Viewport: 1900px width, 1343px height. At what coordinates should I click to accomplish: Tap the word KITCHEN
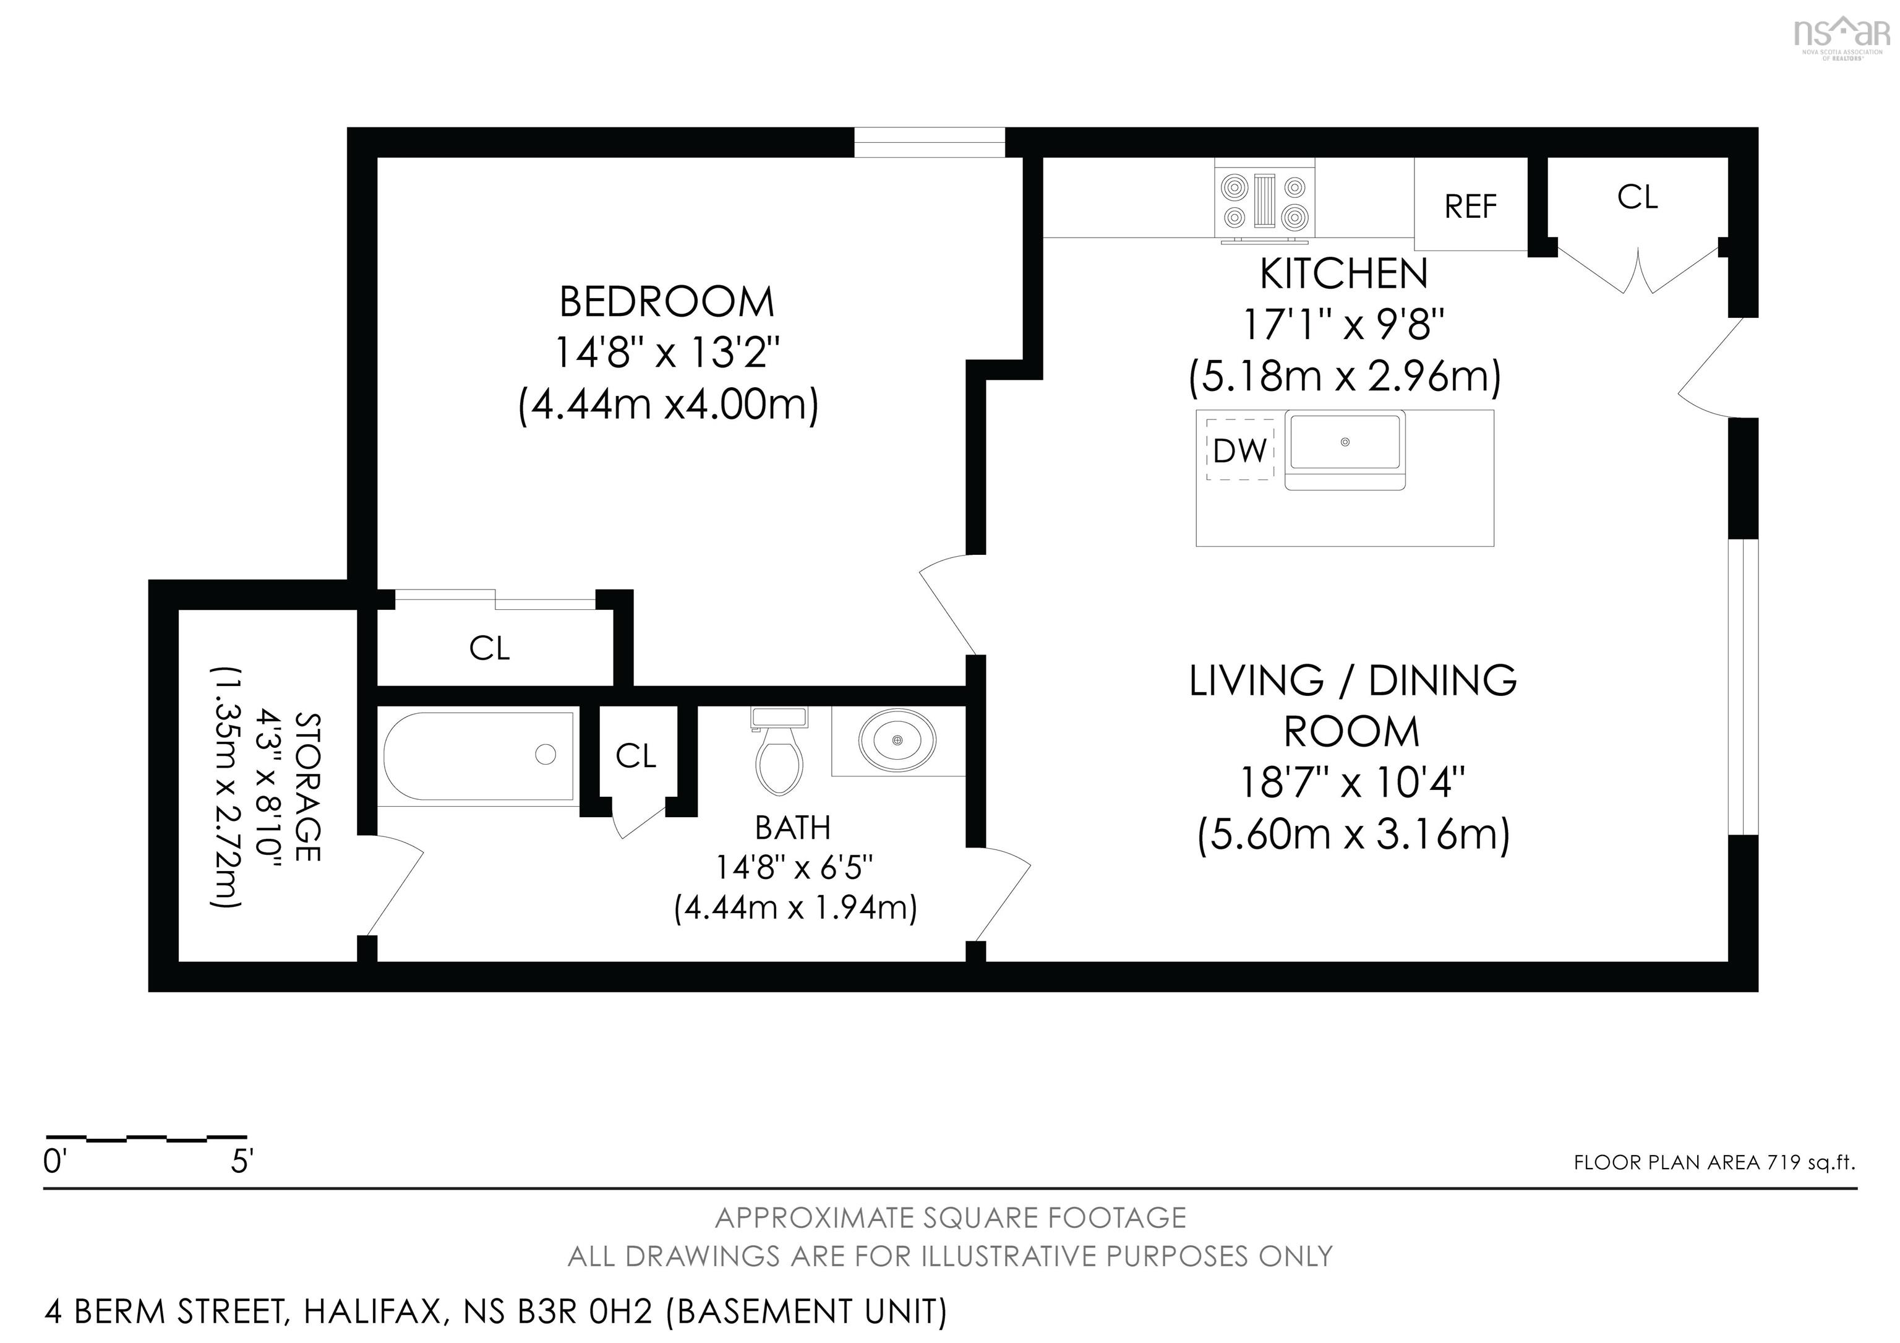coord(1344,275)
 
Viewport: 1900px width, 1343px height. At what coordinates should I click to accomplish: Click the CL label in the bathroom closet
coord(636,755)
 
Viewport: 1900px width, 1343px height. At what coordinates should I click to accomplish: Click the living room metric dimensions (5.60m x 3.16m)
coord(1354,834)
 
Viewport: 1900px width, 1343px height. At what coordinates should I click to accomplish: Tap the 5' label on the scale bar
coord(241,1162)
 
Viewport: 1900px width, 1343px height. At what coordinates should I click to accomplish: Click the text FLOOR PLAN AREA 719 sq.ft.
coord(1714,1162)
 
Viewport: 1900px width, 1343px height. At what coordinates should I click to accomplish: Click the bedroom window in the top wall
coord(930,142)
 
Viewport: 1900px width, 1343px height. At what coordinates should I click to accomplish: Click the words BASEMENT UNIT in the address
coord(807,1311)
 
